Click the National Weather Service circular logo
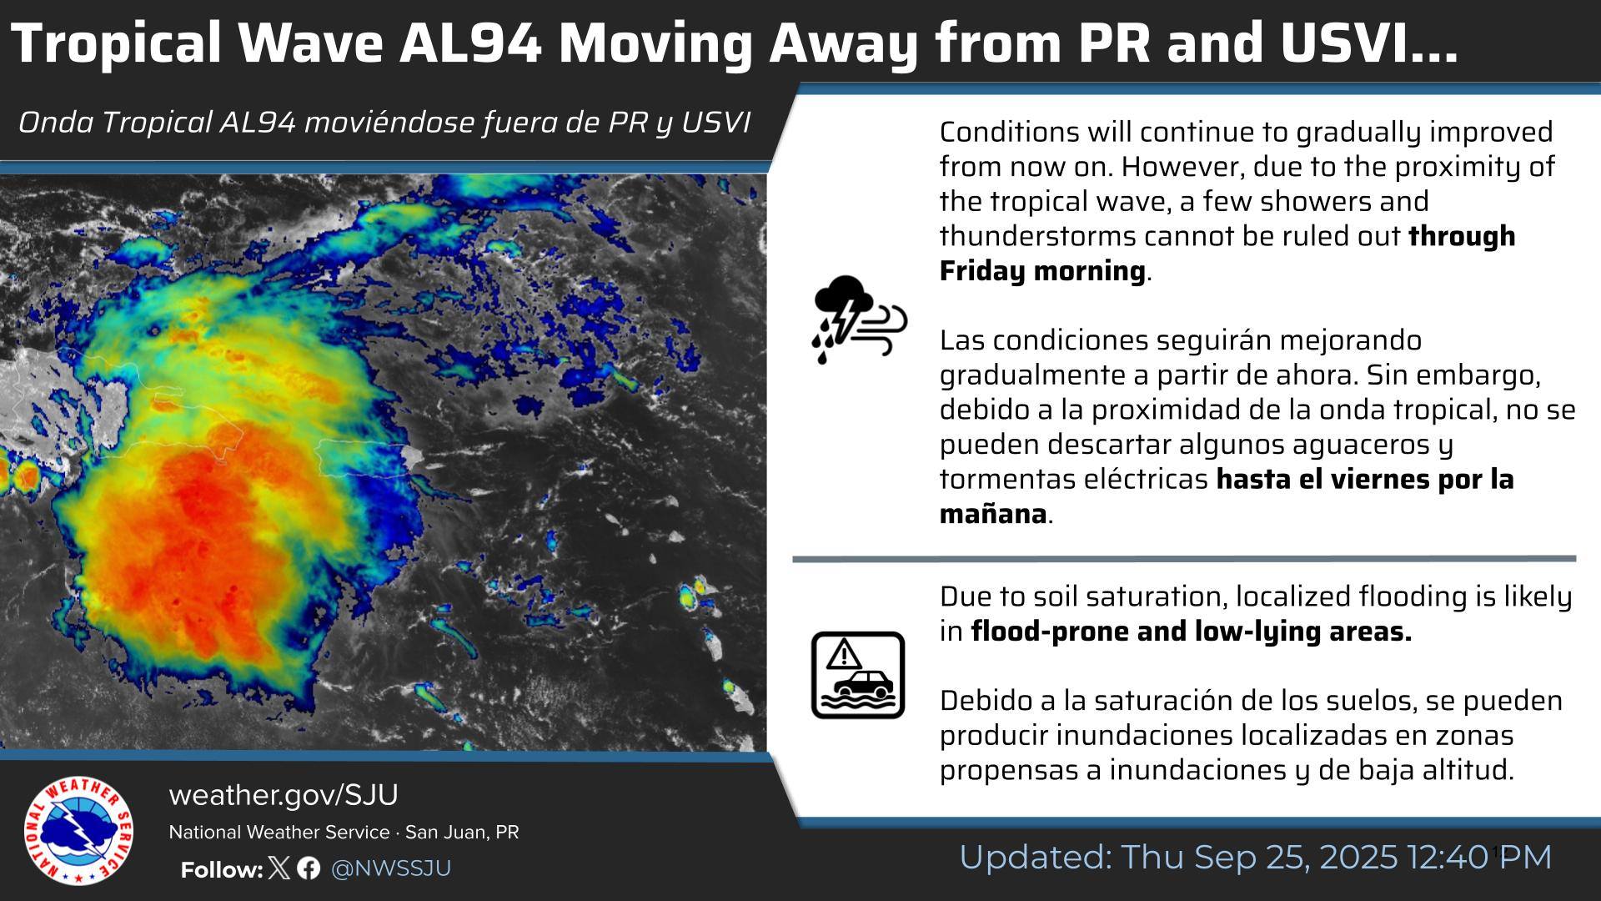78,831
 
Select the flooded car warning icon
858,675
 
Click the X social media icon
281,868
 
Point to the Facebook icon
309,868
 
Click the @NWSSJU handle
391,868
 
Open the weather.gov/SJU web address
284,795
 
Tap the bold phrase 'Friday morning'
1042,271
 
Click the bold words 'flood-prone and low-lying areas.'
1192,632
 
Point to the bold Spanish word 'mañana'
992,514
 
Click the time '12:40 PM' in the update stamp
1479,858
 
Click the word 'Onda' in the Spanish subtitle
56,123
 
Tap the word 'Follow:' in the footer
222,869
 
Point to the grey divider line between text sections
1184,559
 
